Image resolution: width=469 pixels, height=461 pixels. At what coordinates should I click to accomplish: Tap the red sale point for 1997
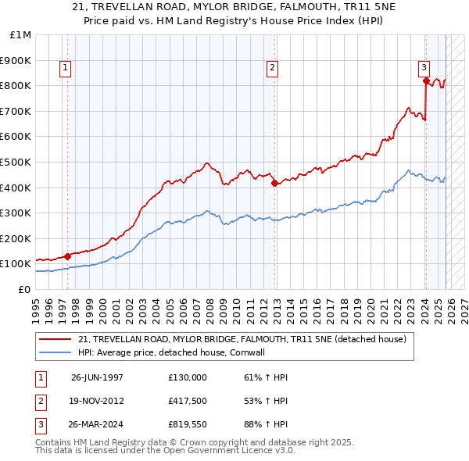pos(67,256)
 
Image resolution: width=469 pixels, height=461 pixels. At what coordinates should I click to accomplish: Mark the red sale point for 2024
pos(425,80)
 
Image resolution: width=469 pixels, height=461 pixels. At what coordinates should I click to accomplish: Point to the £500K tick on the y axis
pos(16,162)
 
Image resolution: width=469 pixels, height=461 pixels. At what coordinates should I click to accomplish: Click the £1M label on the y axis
pos(20,34)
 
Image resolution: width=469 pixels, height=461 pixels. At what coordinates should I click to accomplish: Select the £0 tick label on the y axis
pos(23,289)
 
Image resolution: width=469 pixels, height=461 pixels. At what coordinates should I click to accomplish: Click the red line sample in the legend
pos(54,340)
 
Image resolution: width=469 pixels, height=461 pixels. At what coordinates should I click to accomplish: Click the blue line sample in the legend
pos(54,352)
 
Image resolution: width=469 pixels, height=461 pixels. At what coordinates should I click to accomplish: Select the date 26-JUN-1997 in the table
pos(97,377)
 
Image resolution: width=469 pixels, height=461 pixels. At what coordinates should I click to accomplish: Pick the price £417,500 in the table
pos(187,402)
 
